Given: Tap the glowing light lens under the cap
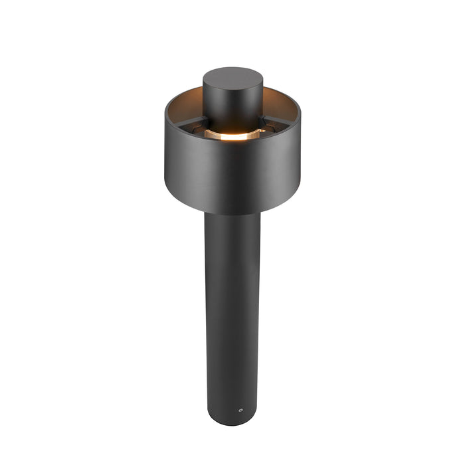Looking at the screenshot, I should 231,135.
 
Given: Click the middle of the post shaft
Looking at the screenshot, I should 232,312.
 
